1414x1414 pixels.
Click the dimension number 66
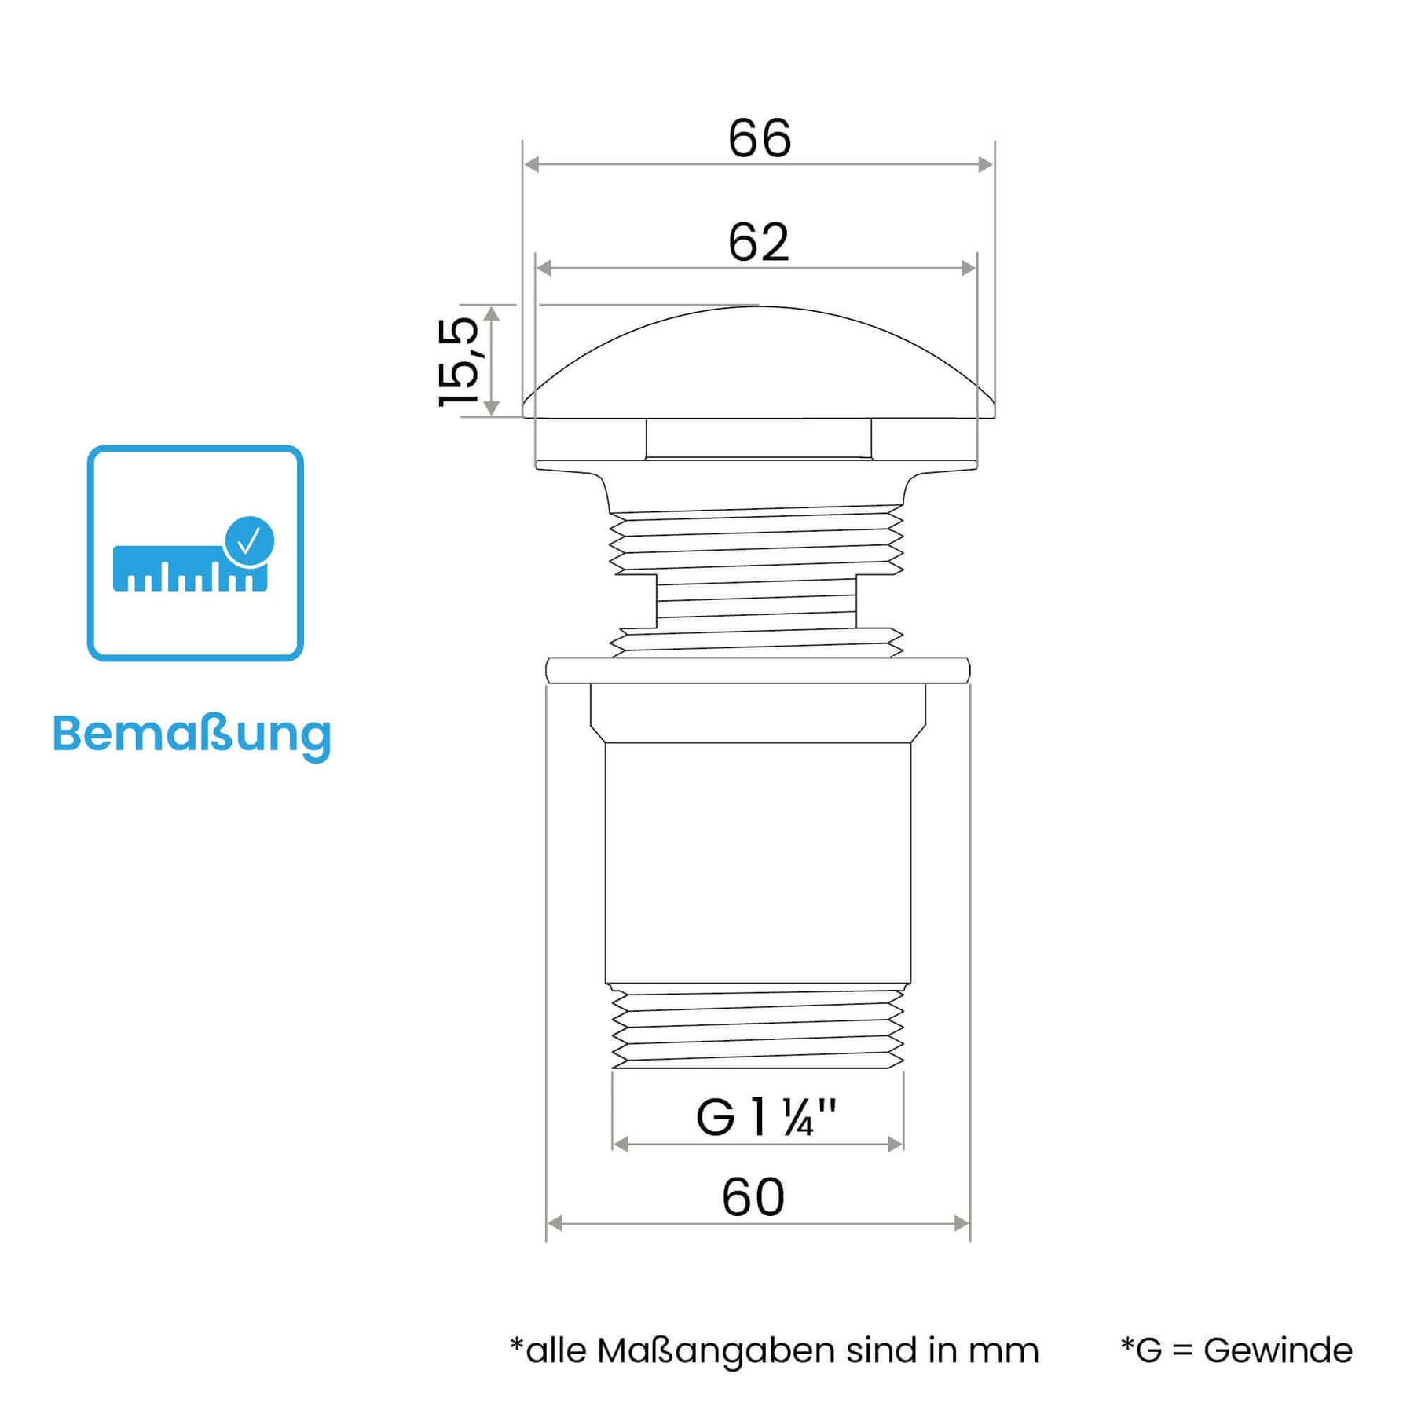[x=760, y=138]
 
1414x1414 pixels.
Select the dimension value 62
[x=759, y=242]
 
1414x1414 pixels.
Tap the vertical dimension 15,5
[x=458, y=362]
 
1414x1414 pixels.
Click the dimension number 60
[x=753, y=1197]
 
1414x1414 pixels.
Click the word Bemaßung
[x=192, y=734]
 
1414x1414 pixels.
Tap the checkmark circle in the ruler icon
[x=249, y=540]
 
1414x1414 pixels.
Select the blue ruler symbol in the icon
[x=190, y=569]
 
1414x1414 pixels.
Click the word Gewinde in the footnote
[x=1278, y=1350]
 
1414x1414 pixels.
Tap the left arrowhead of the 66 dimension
[x=532, y=164]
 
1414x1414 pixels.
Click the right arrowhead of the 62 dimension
[x=969, y=269]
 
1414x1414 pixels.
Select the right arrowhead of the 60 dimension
[x=962, y=1223]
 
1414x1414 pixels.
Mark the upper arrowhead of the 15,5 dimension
[x=492, y=314]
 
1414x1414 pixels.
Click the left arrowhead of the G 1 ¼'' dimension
[x=621, y=1145]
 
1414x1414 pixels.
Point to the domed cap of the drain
[x=759, y=362]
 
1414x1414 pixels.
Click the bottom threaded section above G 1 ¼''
[x=758, y=1028]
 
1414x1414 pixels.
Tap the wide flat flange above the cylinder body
[x=758, y=671]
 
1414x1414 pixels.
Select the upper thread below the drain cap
[x=756, y=540]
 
